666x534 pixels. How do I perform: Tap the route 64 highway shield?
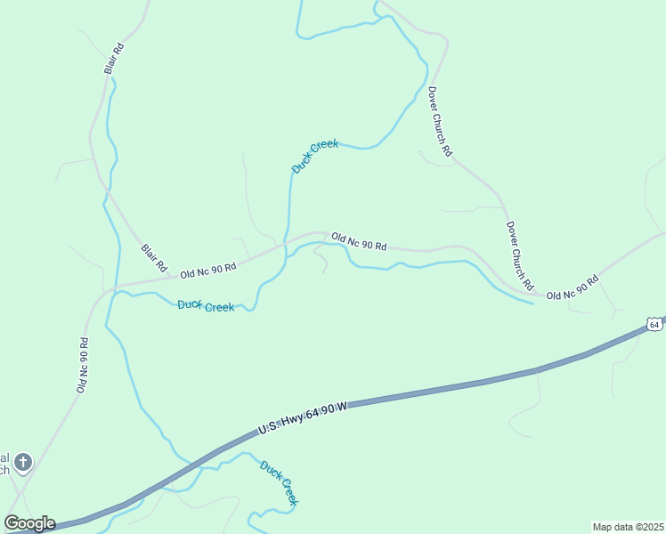pos(654,325)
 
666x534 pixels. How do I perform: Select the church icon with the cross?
pos(23,462)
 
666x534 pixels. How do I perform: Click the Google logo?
pos(29,523)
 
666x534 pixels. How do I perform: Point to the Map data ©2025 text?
pos(628,527)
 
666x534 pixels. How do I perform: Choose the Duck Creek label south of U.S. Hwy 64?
pos(279,483)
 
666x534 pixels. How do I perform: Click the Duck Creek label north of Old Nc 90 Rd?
pos(315,156)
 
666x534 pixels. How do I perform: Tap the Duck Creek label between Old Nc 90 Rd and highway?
pos(206,306)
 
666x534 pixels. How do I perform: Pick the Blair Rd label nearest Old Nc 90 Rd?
pos(154,258)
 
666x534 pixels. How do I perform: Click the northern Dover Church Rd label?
pos(440,122)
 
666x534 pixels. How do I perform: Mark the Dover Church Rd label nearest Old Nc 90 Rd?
pos(519,256)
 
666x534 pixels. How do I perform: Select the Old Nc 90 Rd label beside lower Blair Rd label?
pos(207,268)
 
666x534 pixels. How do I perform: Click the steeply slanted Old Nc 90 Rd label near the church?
pos(82,365)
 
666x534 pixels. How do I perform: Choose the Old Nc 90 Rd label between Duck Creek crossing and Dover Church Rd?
pos(359,241)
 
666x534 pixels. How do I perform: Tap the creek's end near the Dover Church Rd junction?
pos(532,303)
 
